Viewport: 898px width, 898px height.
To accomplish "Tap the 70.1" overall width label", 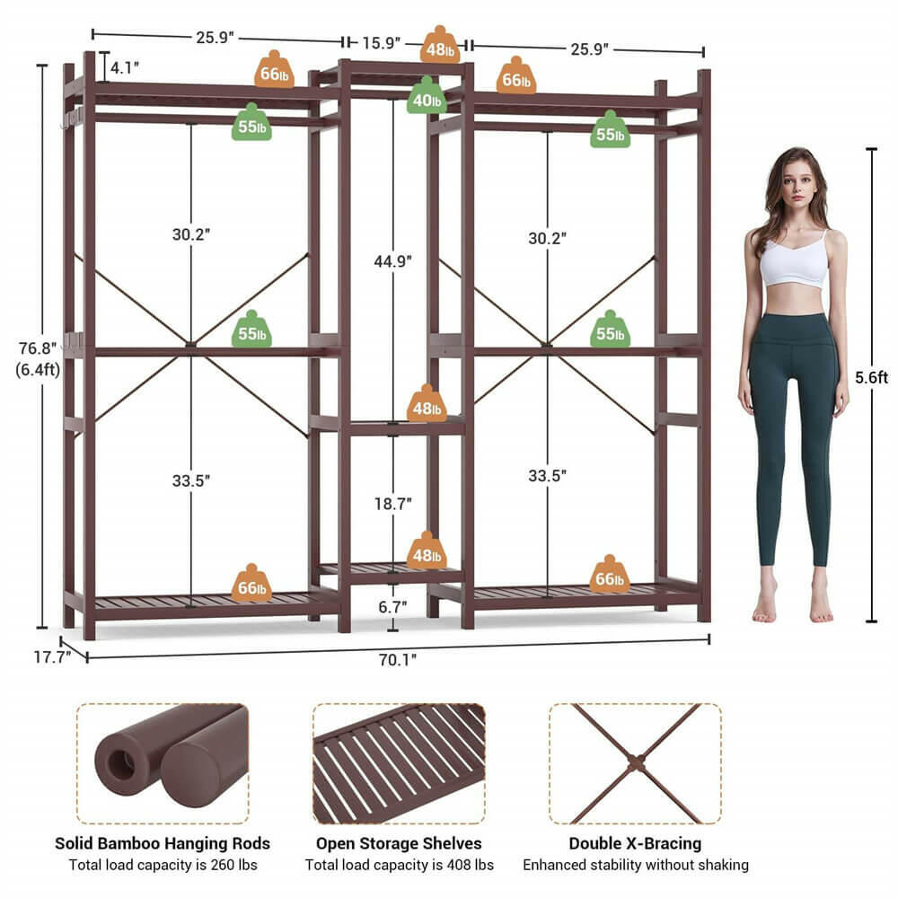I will (398, 659).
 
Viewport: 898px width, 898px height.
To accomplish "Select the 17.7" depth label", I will (52, 656).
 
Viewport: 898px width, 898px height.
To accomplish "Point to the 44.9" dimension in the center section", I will (392, 261).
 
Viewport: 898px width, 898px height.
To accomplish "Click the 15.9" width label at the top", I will (381, 42).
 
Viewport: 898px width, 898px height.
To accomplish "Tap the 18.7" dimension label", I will (392, 503).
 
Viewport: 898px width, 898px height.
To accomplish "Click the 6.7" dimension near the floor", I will (392, 608).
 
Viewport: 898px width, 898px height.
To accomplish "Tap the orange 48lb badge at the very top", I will (440, 46).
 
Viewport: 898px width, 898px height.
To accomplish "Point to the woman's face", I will (792, 185).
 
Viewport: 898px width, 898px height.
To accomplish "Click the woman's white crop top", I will (793, 262).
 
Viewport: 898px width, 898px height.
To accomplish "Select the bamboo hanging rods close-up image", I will (163, 763).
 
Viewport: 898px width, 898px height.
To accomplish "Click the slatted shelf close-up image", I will (399, 763).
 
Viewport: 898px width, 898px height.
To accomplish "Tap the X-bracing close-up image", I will (636, 763).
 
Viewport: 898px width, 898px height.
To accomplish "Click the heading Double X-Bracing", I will (635, 843).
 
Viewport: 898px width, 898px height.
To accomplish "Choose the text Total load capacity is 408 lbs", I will (399, 865).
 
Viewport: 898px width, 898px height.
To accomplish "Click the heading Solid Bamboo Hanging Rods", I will (163, 843).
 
